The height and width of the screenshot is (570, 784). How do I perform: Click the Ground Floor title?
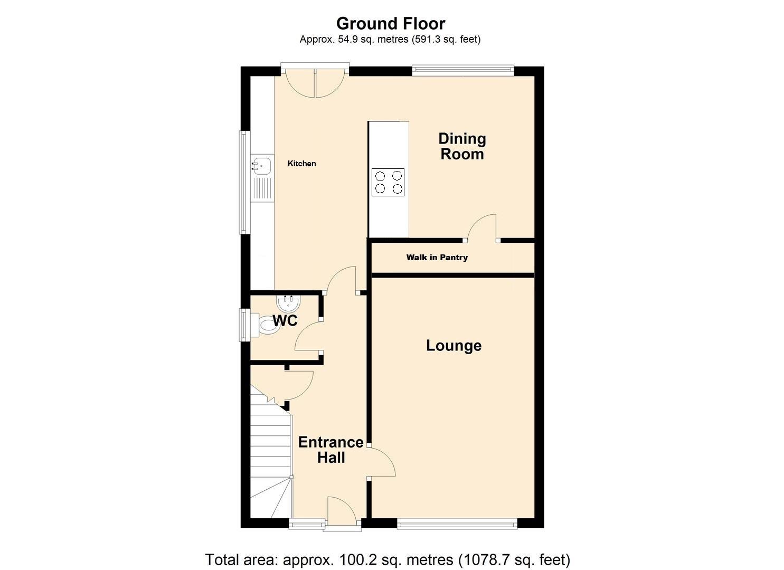[391, 24]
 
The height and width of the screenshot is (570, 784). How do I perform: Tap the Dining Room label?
[462, 146]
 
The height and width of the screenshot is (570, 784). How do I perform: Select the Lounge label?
[454, 346]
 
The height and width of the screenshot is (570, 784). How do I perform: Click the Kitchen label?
[301, 164]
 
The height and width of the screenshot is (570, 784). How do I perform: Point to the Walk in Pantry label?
[437, 258]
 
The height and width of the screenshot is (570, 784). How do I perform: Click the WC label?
[285, 320]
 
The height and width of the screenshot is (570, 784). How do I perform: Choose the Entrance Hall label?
[331, 450]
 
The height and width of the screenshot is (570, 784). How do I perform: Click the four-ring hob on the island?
[388, 182]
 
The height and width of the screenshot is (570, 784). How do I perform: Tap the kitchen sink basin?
[262, 165]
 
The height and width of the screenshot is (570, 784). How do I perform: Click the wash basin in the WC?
[288, 303]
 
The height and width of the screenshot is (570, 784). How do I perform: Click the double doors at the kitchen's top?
[315, 83]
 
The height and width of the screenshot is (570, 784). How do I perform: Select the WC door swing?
[308, 338]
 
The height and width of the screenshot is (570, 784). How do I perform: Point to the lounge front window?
[457, 523]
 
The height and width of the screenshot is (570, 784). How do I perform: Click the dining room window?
[462, 68]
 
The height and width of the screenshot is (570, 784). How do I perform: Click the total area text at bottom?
[388, 559]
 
